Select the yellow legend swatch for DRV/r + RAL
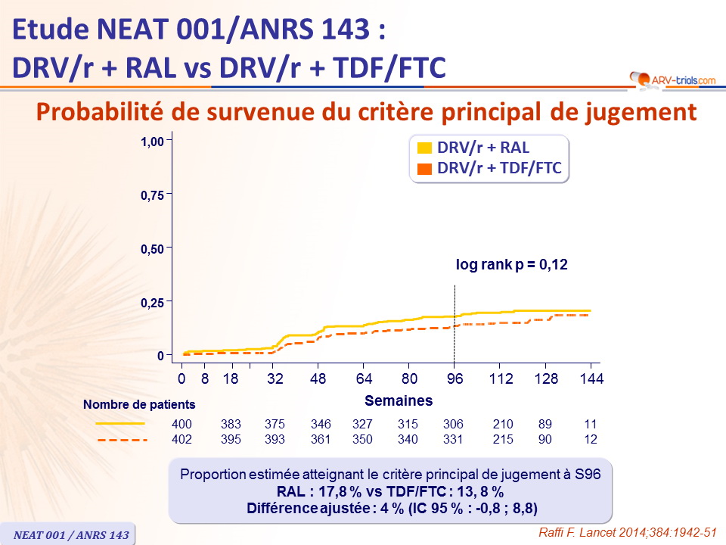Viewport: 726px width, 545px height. coord(425,148)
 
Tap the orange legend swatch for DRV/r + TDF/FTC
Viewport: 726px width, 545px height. coord(425,168)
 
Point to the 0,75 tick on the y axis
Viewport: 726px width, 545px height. coord(172,195)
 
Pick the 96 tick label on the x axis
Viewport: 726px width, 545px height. coord(454,379)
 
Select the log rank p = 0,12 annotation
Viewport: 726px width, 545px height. coord(511,265)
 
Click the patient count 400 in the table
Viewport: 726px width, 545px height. coord(182,425)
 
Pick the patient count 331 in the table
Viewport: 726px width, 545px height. coord(453,439)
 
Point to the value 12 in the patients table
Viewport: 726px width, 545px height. coord(591,439)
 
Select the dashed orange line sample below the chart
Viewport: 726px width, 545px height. coord(120,439)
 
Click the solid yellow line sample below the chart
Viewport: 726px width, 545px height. coord(120,424)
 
